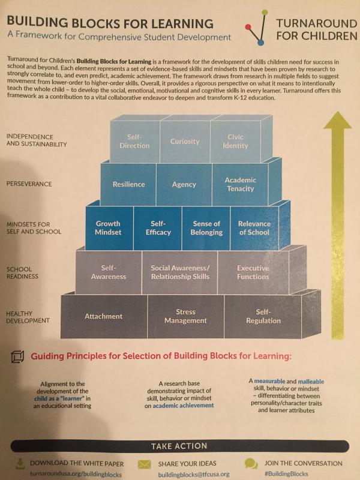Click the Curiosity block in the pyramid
(x=185, y=142)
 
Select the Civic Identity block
(x=235, y=142)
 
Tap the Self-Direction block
(x=134, y=142)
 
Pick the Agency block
(x=184, y=184)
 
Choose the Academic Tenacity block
(x=241, y=184)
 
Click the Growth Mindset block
(x=109, y=228)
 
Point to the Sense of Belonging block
(x=206, y=228)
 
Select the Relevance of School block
(x=254, y=228)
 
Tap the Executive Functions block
(x=253, y=272)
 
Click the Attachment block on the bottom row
(x=104, y=317)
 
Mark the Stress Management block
(x=185, y=317)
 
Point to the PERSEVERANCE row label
(x=29, y=184)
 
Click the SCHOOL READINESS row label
(x=23, y=273)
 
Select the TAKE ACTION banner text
(x=179, y=446)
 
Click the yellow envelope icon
(x=144, y=464)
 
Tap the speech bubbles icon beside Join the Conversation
(x=251, y=463)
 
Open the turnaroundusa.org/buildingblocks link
(x=76, y=475)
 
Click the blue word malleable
(x=311, y=382)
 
